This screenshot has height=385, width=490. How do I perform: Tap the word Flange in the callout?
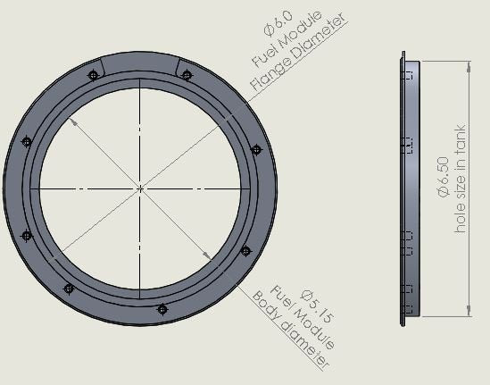(267, 78)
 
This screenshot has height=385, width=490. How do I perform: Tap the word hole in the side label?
(461, 222)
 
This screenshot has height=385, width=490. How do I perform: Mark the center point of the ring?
(141, 188)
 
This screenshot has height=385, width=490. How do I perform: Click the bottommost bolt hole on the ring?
(162, 309)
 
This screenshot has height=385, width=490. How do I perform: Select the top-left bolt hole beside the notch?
(94, 75)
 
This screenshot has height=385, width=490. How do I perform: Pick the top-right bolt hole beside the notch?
(187, 75)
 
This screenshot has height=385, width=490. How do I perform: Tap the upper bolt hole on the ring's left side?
(26, 141)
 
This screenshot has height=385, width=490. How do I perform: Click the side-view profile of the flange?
(406, 188)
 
